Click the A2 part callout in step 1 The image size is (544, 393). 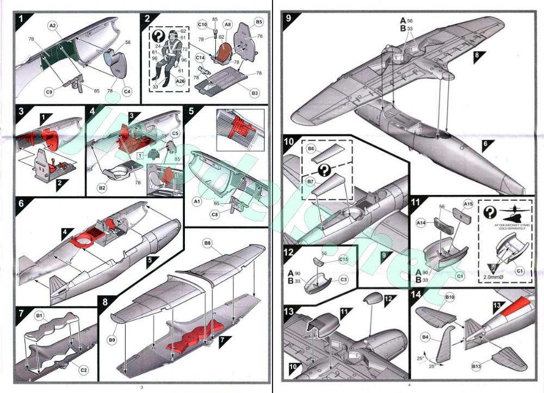(x=53, y=25)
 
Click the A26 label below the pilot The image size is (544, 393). (x=181, y=82)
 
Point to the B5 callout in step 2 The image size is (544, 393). (x=259, y=22)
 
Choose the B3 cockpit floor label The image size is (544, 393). (x=255, y=93)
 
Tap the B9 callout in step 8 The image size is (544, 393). (x=112, y=340)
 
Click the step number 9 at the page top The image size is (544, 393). (x=289, y=17)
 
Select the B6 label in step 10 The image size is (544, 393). (x=311, y=148)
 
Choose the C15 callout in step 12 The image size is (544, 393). (x=343, y=259)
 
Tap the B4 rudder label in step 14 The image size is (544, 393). (x=425, y=338)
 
